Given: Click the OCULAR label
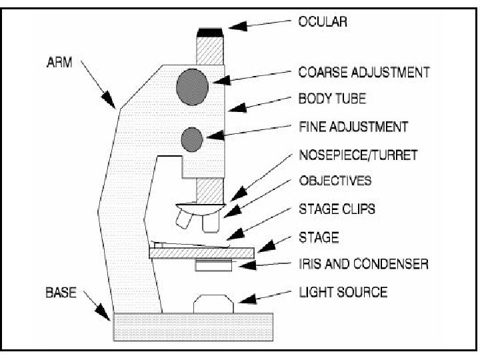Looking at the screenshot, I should (323, 22).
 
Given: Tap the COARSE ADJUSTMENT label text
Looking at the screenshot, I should (363, 71).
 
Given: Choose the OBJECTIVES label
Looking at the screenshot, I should (335, 181).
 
